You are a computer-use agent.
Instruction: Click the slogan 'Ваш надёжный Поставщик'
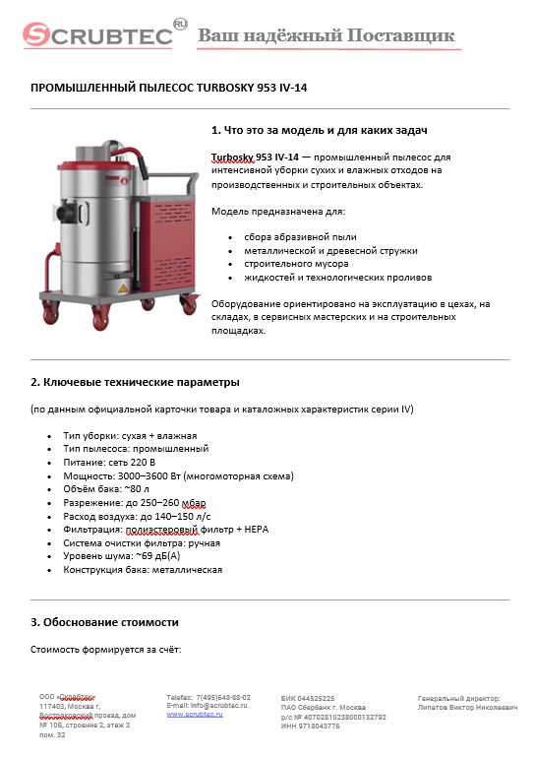(327, 36)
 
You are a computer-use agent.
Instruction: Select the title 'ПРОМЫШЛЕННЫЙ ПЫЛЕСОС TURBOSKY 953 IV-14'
(170, 88)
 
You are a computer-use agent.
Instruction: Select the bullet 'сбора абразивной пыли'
(299, 236)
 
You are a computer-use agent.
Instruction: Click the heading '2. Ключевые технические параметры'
(136, 382)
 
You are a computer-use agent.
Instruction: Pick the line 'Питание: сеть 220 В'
(110, 462)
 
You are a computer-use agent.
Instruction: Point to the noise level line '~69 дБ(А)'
(121, 556)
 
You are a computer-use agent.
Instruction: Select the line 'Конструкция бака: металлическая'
(143, 570)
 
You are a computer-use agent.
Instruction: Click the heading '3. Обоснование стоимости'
(105, 622)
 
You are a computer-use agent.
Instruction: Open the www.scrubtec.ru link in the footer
(195, 714)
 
